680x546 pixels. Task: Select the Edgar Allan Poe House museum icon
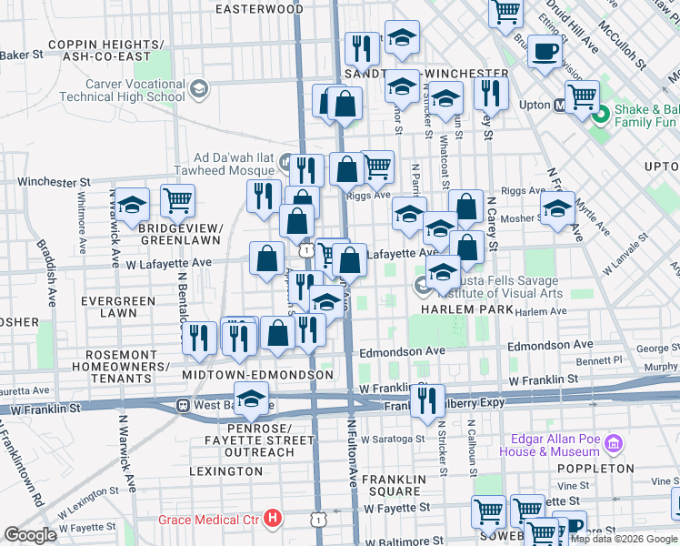[615, 445]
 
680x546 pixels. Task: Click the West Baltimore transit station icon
[183, 405]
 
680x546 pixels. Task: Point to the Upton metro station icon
[561, 105]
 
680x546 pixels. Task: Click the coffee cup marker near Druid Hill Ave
[545, 52]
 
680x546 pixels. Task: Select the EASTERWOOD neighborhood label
[259, 9]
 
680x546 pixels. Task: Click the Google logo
[30, 535]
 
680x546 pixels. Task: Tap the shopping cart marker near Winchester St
[177, 199]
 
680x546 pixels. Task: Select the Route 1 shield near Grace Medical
[317, 519]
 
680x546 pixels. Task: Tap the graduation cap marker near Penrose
[251, 399]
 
